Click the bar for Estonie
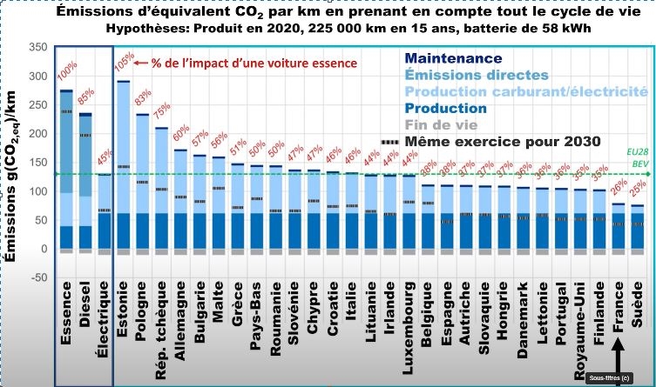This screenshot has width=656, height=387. (123, 165)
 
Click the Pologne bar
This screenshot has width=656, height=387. (142, 183)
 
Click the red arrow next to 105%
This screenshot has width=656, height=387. (142, 63)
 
